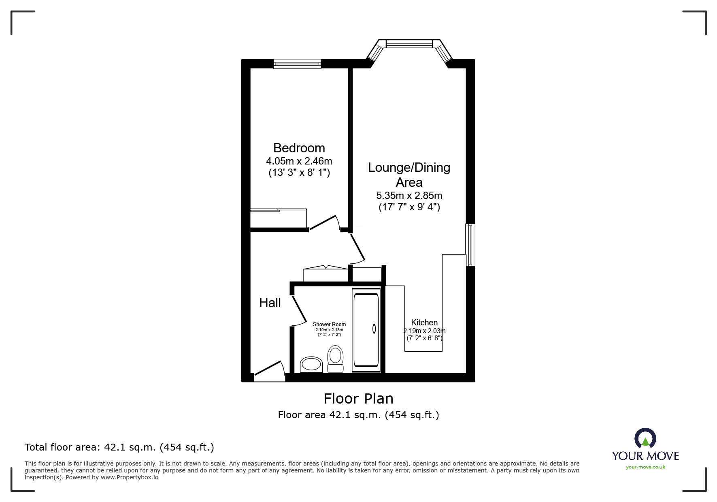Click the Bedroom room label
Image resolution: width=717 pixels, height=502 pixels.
click(x=299, y=148)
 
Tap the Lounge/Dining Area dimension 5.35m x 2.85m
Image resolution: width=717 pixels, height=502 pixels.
click(x=409, y=196)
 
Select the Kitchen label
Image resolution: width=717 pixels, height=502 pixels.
click(x=424, y=323)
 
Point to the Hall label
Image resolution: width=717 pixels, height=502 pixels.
click(x=270, y=303)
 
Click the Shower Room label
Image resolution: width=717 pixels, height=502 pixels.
click(x=329, y=324)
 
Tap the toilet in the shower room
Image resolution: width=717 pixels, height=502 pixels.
click(x=335, y=359)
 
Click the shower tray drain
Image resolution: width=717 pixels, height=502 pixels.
click(x=374, y=329)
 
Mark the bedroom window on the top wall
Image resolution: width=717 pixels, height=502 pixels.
click(x=297, y=64)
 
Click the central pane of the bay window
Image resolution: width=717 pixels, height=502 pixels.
click(x=409, y=43)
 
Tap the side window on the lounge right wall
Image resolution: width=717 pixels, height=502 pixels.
click(x=470, y=245)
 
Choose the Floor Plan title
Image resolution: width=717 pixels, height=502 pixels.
click(x=358, y=399)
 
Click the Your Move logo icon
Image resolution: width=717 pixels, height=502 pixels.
click(x=645, y=439)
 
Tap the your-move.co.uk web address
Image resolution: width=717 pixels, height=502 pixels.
click(x=645, y=467)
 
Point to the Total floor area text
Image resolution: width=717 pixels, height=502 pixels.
click(x=119, y=447)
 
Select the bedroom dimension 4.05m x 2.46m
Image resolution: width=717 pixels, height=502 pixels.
click(x=299, y=161)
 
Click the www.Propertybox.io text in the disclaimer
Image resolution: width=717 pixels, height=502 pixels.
click(x=130, y=477)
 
